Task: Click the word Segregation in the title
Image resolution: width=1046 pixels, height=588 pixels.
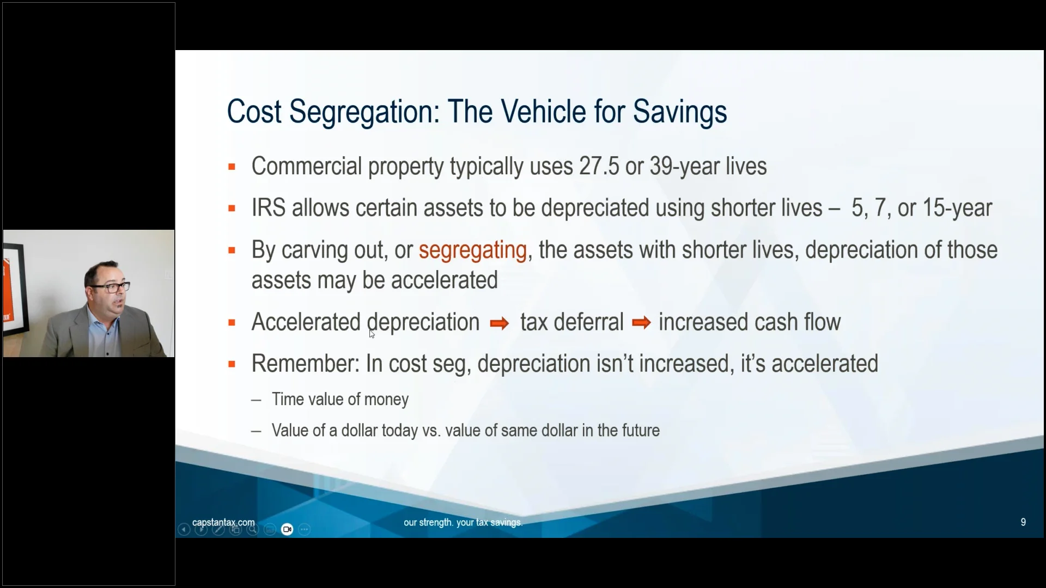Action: coord(364,112)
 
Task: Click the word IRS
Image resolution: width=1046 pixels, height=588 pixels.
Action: coord(269,208)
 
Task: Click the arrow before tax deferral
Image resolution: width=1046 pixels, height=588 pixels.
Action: coord(499,324)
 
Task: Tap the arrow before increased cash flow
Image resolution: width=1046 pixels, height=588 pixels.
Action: coord(641,323)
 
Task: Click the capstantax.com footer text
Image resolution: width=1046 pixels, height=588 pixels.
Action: coord(223,523)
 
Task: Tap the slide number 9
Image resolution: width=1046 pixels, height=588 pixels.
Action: coord(1023,522)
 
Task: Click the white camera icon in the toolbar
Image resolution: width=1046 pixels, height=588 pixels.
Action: coord(287,529)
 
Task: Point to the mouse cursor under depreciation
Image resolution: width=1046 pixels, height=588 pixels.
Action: coord(372,334)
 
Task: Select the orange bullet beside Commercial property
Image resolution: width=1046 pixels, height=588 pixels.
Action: coord(232,167)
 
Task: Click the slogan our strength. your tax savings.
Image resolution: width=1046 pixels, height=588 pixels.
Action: coord(463,523)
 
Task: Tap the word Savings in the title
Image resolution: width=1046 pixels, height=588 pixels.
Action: coord(680,112)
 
